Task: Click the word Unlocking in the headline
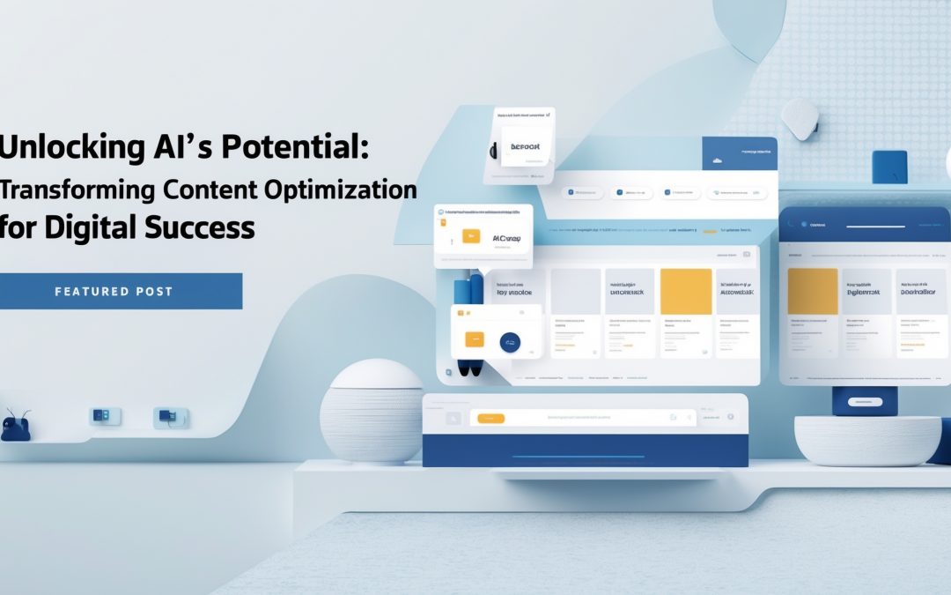[67, 148]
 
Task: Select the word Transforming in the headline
[78, 189]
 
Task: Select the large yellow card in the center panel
[685, 292]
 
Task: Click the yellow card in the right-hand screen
[811, 292]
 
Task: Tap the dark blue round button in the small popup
[509, 342]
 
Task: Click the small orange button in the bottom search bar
[490, 419]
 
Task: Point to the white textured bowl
[867, 440]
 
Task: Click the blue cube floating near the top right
[888, 167]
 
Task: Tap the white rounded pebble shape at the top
[800, 118]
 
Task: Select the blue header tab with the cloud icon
[739, 153]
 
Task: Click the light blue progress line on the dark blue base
[584, 457]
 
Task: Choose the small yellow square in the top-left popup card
[471, 236]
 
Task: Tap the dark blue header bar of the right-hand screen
[865, 224]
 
